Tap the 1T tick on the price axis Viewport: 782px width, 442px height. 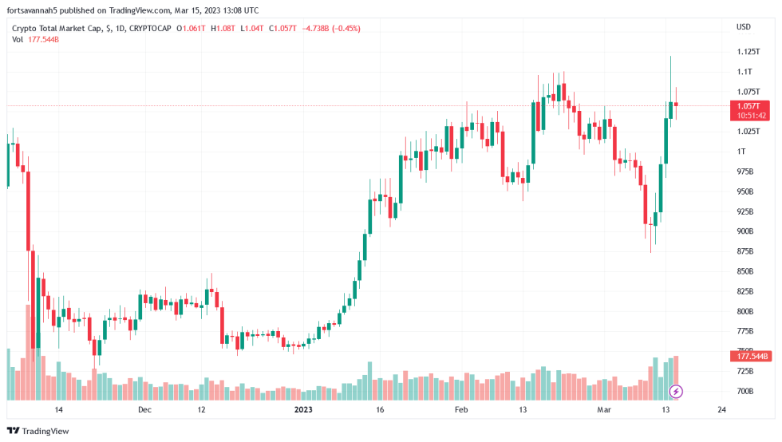click(741, 152)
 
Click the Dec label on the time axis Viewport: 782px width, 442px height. click(144, 409)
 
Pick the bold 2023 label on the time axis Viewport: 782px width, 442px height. click(303, 409)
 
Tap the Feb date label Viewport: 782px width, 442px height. click(461, 409)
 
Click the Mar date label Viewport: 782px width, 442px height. click(605, 409)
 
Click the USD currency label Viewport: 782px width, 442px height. click(744, 27)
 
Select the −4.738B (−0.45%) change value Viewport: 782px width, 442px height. click(331, 28)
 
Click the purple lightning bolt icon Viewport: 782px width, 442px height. click(677, 391)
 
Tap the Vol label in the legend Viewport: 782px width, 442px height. click(17, 39)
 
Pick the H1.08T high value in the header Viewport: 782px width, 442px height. click(223, 28)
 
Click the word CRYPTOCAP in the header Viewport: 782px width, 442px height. click(149, 28)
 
